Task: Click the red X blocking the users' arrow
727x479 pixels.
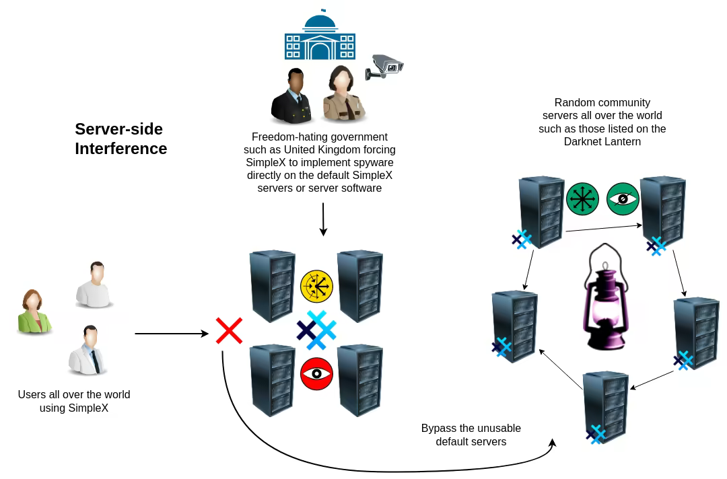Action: (229, 331)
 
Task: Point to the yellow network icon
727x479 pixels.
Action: (316, 286)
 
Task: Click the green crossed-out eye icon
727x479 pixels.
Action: (623, 199)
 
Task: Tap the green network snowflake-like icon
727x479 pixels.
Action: (582, 199)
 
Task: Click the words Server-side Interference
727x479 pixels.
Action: (121, 139)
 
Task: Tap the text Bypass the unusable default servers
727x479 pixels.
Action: (471, 435)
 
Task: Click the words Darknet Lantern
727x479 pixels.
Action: (602, 141)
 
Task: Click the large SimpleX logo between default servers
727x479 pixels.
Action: (316, 330)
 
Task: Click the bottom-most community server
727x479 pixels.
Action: (605, 407)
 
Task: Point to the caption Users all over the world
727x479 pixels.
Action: (74, 395)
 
